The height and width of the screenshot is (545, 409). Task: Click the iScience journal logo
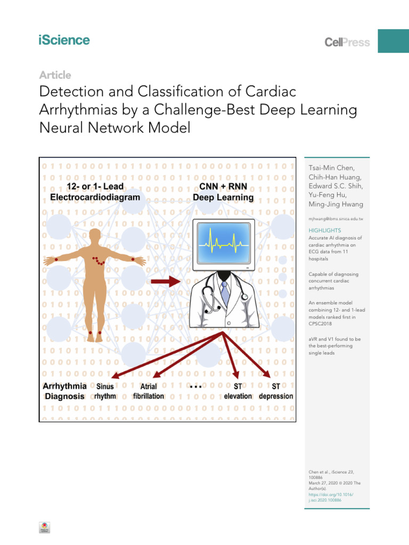pyautogui.click(x=64, y=40)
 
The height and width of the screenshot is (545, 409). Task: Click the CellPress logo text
pyautogui.click(x=347, y=43)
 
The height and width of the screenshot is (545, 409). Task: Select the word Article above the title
pyautogui.click(x=55, y=76)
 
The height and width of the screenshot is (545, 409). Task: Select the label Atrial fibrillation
pyautogui.click(x=149, y=392)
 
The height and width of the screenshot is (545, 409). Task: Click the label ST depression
pyautogui.click(x=276, y=391)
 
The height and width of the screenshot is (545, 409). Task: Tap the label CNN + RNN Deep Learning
pyautogui.click(x=223, y=192)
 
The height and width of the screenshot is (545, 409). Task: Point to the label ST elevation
pyautogui.click(x=238, y=391)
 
